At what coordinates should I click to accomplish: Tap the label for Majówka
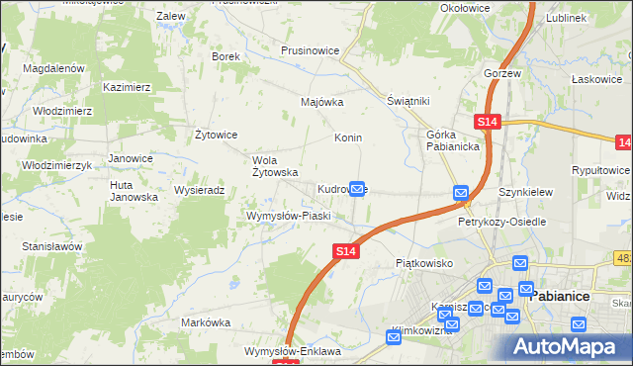(x=321, y=101)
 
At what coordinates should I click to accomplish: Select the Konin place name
(x=347, y=137)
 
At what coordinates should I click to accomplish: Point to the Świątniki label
(x=407, y=101)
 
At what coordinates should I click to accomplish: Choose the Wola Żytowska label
(x=276, y=166)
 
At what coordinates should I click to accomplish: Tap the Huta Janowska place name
(x=134, y=191)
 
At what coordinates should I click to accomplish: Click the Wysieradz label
(x=201, y=190)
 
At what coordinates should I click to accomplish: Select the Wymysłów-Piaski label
(x=288, y=215)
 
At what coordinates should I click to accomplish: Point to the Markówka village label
(x=206, y=322)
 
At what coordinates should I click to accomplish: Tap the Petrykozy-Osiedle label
(x=502, y=222)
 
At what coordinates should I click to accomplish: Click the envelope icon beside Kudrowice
(x=359, y=188)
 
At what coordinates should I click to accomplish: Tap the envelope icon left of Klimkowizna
(x=394, y=338)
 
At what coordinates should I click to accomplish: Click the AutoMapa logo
(x=568, y=346)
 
